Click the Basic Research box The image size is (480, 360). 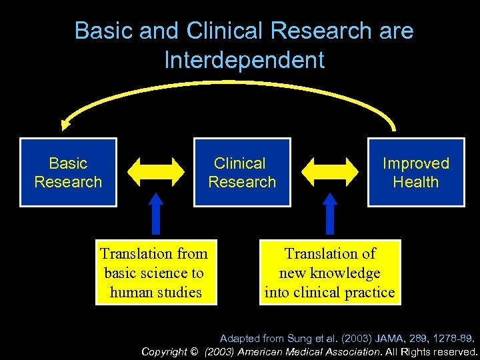point(68,172)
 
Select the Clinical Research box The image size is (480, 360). point(241,172)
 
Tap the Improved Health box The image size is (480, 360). point(416,172)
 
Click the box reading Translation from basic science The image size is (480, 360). point(155,272)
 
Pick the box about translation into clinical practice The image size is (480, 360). point(330,272)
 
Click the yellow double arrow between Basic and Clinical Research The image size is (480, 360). point(155,171)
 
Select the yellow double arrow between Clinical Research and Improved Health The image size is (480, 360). point(329,171)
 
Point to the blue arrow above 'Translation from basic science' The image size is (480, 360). point(155,213)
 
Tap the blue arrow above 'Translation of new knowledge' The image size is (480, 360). point(329,213)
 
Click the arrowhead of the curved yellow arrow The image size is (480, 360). point(65,123)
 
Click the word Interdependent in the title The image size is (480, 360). point(244,60)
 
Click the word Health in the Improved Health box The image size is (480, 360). point(416,181)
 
